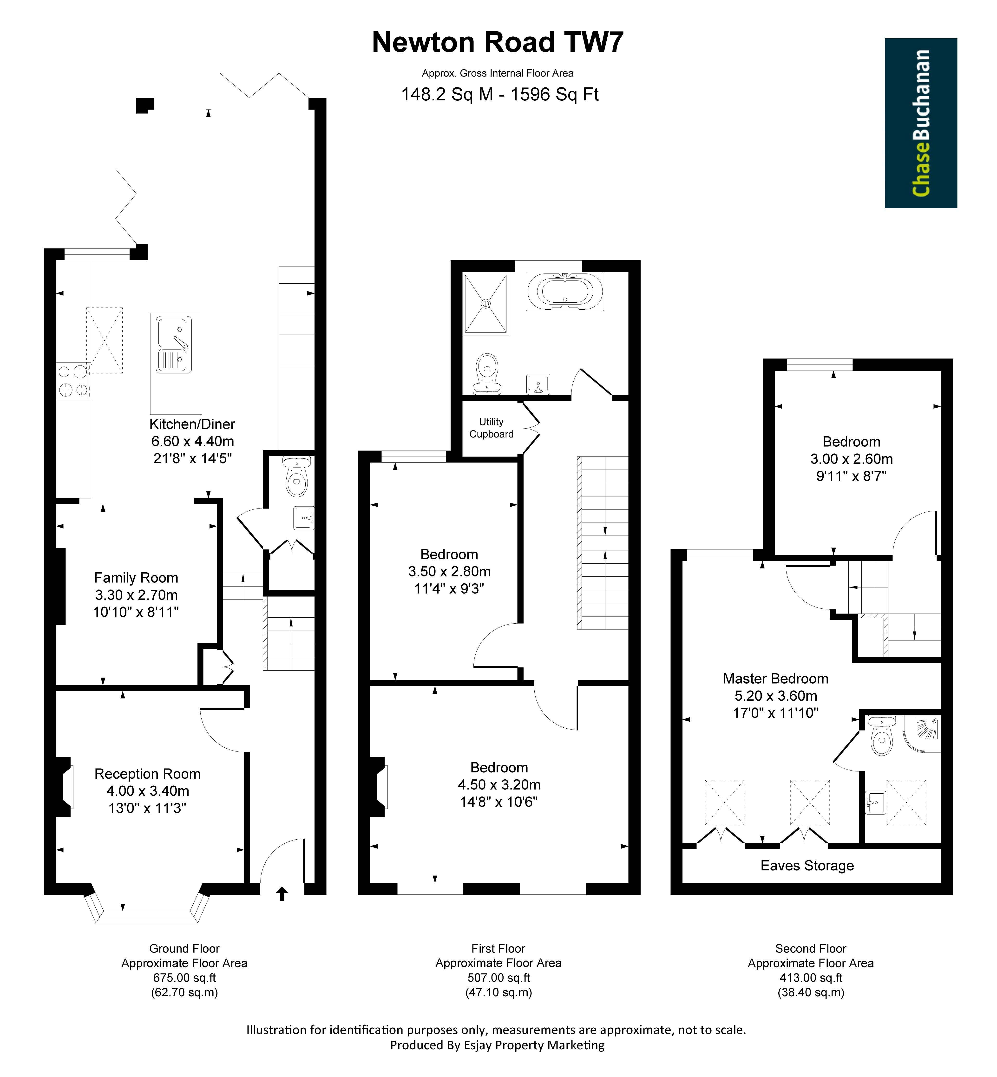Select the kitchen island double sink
click(x=174, y=345)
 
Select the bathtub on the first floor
click(x=565, y=292)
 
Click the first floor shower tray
click(x=486, y=304)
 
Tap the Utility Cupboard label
click(x=491, y=428)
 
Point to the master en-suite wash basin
click(x=875, y=803)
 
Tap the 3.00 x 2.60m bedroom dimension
click(x=851, y=459)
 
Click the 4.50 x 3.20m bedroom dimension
click(x=499, y=785)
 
